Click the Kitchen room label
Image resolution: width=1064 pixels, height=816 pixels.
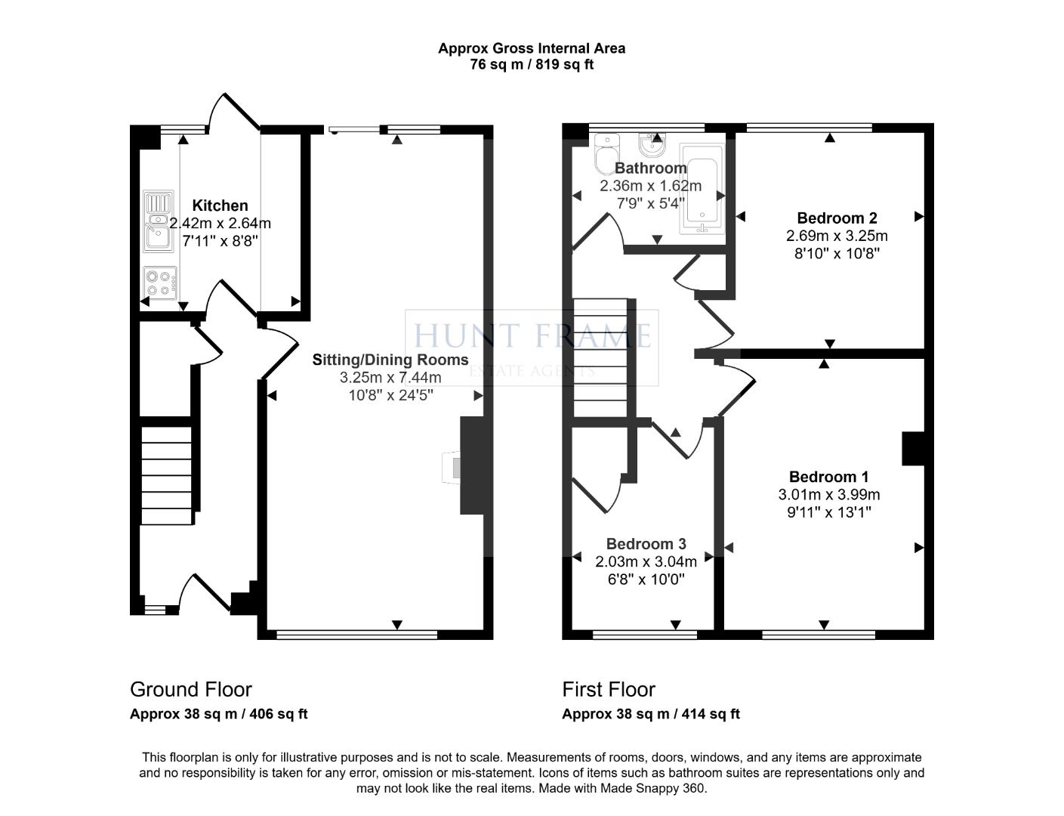click(x=220, y=206)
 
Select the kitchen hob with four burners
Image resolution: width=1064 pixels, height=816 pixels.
click(x=159, y=283)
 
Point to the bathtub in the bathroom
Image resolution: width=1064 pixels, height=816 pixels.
click(x=702, y=189)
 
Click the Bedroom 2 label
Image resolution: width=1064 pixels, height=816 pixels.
click(x=837, y=218)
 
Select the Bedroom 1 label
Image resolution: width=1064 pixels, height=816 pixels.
click(x=828, y=477)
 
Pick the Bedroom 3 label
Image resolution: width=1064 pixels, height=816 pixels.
click(x=646, y=544)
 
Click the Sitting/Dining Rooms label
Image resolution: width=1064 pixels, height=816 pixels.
click(x=390, y=360)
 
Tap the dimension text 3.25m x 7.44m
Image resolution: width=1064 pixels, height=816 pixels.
click(x=390, y=378)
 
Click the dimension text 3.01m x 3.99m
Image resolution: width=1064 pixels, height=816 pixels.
click(x=828, y=495)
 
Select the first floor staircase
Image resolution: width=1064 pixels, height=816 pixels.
click(x=601, y=357)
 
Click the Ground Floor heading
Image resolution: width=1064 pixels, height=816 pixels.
click(x=190, y=689)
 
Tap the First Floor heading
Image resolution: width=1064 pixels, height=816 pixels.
click(x=608, y=689)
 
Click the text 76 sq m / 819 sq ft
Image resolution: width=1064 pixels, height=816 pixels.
click(x=532, y=65)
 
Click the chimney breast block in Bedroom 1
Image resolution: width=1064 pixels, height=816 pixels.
click(x=913, y=448)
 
